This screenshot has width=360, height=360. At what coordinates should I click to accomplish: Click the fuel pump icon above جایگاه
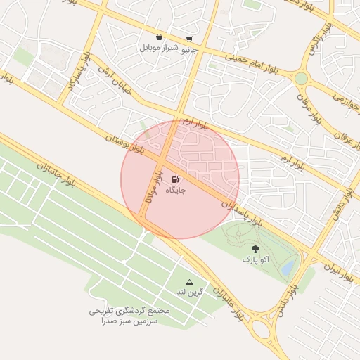tap(174, 179)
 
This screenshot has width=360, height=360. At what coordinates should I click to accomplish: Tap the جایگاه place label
tap(174, 191)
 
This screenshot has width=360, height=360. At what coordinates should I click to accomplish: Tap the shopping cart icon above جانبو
tap(189, 39)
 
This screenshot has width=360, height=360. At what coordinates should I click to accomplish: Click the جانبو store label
tap(190, 50)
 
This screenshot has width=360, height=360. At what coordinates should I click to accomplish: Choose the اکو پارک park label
tap(256, 260)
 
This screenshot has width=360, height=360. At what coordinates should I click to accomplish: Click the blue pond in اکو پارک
tap(287, 268)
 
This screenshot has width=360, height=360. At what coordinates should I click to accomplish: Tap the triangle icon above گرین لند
tap(188, 281)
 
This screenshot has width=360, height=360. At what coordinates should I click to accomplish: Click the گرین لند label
tap(188, 292)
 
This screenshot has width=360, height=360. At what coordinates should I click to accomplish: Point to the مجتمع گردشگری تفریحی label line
tap(127, 310)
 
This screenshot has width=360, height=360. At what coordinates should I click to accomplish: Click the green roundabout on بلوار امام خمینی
tap(302, 78)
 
